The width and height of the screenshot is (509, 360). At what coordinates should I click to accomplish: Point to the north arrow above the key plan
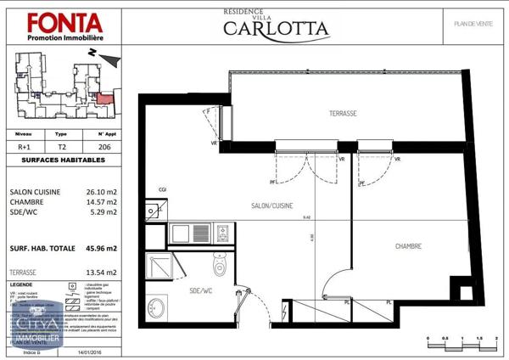pos(110,56)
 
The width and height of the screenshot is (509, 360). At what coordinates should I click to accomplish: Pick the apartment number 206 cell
pos(104,146)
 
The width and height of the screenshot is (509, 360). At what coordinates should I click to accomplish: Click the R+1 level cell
pos(25,146)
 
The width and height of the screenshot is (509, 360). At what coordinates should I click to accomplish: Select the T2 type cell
pos(61,146)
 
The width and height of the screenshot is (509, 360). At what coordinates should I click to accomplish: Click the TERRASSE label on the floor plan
pos(342,114)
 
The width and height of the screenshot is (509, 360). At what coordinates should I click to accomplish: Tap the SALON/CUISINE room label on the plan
pos(271,206)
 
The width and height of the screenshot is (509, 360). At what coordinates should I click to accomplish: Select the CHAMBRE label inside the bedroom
pos(410,246)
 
